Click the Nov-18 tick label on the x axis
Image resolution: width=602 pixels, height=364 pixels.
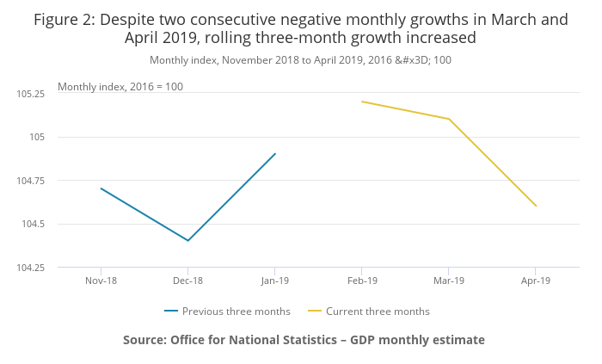[x=101, y=281]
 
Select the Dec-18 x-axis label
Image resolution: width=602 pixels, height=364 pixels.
[x=187, y=281]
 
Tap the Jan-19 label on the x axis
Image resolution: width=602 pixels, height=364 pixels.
[x=274, y=281]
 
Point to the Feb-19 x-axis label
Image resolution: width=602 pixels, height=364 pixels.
[x=361, y=281]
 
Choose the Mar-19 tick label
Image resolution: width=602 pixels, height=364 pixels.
[x=449, y=281]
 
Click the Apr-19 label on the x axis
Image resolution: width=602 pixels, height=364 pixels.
[x=536, y=281]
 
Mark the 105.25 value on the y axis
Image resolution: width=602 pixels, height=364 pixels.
[x=32, y=93]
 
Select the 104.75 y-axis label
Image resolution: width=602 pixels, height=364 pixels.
[x=32, y=180]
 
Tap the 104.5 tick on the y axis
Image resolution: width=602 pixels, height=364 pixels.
[x=35, y=224]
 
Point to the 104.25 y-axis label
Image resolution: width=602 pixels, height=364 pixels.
[x=32, y=268]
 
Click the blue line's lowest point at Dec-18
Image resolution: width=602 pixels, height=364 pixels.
[x=187, y=241]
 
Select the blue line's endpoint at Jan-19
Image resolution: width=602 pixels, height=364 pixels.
[x=275, y=154]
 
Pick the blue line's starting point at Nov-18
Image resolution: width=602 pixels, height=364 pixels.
[x=101, y=188]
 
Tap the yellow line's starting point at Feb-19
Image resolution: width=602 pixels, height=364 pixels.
[x=362, y=102]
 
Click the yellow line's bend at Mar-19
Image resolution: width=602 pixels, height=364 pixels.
[x=449, y=119]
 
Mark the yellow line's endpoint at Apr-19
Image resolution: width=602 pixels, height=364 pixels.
[x=536, y=206]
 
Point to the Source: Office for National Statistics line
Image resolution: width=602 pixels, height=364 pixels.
[x=304, y=340]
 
